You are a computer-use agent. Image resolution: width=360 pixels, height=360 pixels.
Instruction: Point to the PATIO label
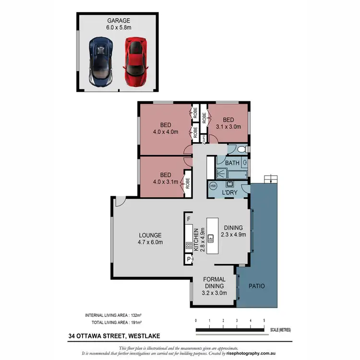[257, 286]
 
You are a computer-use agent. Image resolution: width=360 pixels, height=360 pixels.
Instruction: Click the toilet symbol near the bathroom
[240, 150]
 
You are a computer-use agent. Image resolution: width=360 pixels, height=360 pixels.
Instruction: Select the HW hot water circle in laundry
[213, 186]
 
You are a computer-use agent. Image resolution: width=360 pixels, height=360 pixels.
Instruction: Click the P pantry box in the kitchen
[189, 260]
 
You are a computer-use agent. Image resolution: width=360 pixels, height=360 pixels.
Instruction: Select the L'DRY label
[229, 192]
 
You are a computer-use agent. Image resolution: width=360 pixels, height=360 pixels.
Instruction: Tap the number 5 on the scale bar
[264, 320]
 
